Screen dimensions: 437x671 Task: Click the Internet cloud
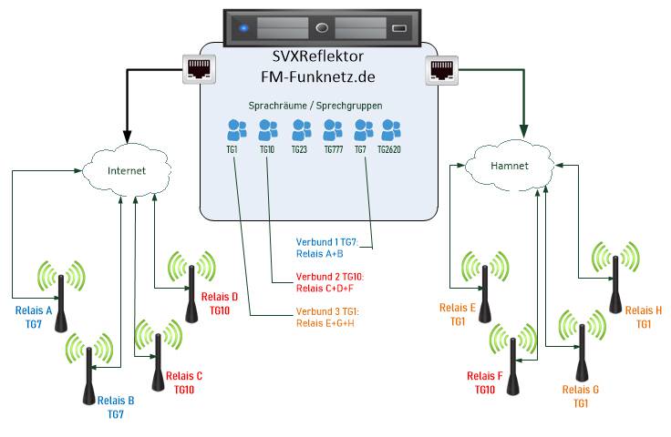[126, 170]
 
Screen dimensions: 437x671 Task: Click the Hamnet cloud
[510, 166]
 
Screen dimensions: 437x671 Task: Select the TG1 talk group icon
[236, 130]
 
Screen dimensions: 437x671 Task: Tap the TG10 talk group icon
[267, 130]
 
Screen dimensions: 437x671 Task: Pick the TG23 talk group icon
[300, 130]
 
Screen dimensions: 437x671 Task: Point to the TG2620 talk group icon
[393, 130]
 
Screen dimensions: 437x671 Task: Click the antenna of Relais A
[60, 290]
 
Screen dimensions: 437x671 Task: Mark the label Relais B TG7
[116, 406]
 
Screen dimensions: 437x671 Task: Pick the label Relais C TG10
[188, 383]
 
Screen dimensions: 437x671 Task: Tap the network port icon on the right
[439, 69]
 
